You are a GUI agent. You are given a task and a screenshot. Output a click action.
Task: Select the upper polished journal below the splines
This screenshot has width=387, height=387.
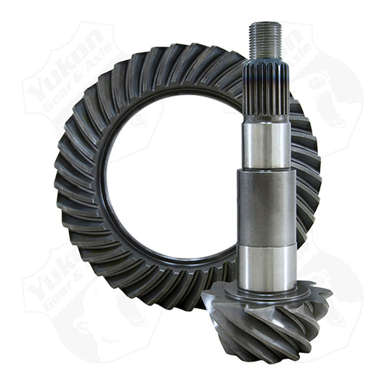pos(266,144)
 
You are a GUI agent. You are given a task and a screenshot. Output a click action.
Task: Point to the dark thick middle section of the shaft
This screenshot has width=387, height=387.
pos(266,207)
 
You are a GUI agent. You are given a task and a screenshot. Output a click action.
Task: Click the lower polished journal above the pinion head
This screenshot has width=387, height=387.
pos(266,264)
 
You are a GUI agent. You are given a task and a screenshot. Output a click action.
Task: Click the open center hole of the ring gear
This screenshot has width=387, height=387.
pos(174,182)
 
